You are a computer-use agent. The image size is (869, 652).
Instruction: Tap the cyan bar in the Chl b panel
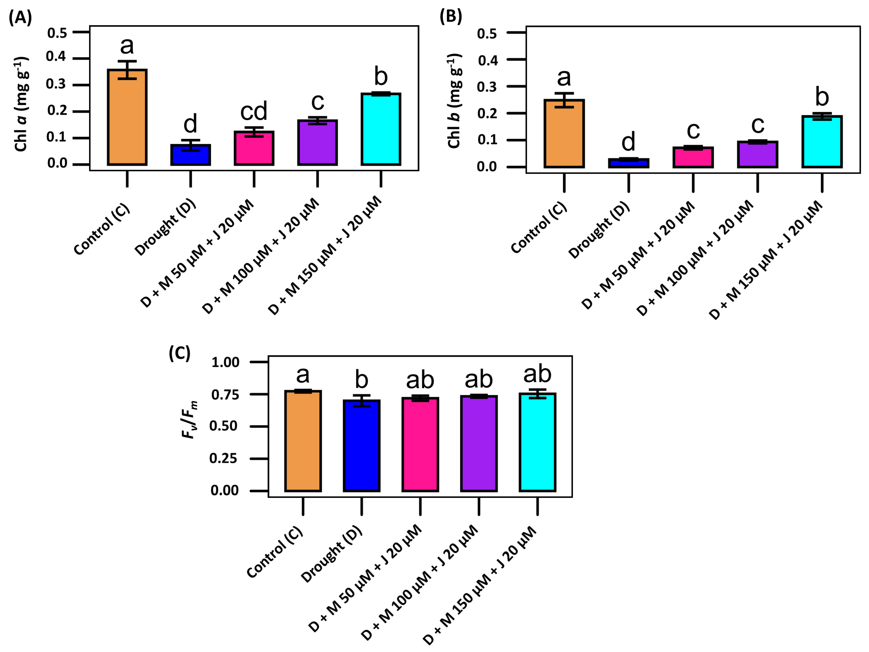(822, 142)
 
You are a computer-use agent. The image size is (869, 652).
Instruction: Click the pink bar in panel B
(693, 157)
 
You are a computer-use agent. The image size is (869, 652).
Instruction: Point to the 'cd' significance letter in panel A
(254, 111)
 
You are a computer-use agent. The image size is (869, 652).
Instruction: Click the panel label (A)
(20, 18)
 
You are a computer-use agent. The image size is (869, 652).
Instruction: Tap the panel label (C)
(180, 353)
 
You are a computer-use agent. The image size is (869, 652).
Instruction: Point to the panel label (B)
(451, 17)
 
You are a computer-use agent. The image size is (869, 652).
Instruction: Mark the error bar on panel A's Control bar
(127, 70)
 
